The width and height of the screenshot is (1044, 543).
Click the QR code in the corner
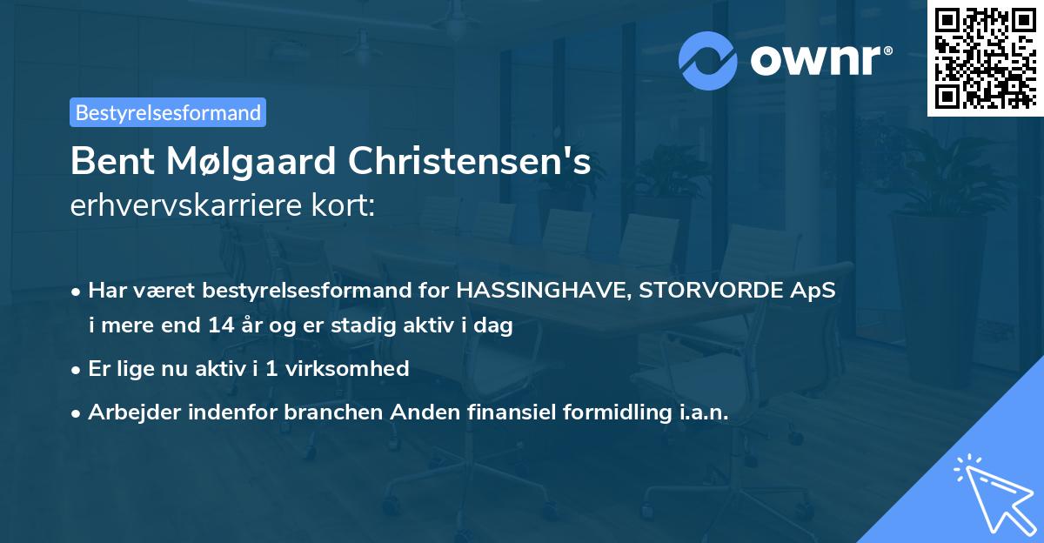[x=985, y=58]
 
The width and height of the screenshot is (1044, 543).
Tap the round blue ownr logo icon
[x=708, y=60]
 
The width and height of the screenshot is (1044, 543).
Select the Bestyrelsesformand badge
[x=168, y=112]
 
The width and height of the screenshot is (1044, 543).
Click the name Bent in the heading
[x=106, y=161]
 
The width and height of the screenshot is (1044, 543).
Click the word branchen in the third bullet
[x=334, y=412]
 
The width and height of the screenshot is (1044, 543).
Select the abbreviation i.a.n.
[x=703, y=412]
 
